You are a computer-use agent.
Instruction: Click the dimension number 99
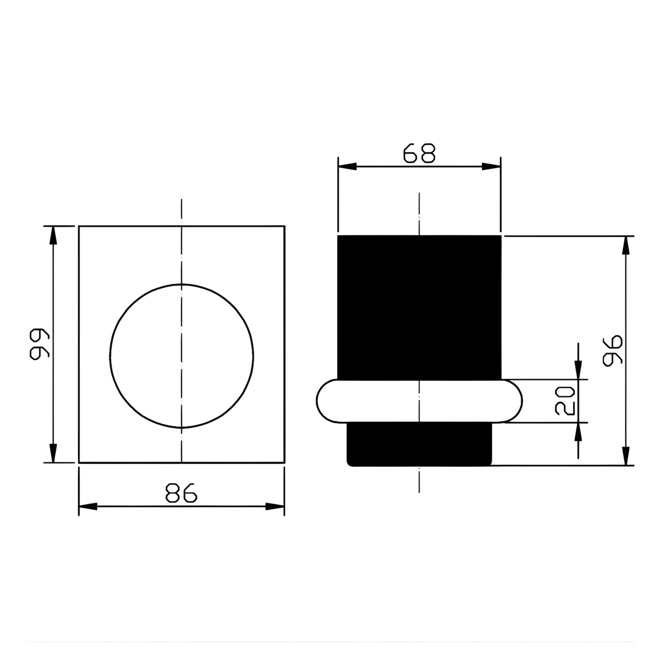(40, 344)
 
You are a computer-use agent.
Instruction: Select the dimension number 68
(419, 153)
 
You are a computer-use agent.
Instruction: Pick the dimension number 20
(565, 401)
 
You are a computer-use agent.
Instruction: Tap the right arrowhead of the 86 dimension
(275, 507)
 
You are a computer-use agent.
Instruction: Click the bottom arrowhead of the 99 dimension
(53, 453)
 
